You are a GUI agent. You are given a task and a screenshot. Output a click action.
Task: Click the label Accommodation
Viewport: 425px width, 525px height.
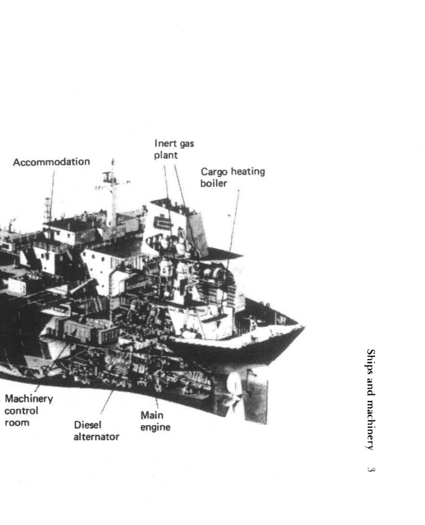tap(51, 161)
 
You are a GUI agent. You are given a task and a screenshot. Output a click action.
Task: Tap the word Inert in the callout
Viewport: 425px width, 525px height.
tap(164, 143)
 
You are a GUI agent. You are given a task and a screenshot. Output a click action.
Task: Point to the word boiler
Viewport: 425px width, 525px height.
tap(213, 184)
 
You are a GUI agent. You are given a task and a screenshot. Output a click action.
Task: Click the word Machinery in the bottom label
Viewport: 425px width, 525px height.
tap(29, 399)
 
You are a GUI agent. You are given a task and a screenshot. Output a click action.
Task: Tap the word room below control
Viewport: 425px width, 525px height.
tap(16, 423)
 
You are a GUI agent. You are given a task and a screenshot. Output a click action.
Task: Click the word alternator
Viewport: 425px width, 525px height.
tap(97, 436)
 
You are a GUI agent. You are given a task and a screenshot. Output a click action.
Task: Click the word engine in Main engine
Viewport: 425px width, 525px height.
tap(155, 427)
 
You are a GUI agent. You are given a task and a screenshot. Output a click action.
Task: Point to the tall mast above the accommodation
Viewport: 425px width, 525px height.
tap(113, 190)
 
